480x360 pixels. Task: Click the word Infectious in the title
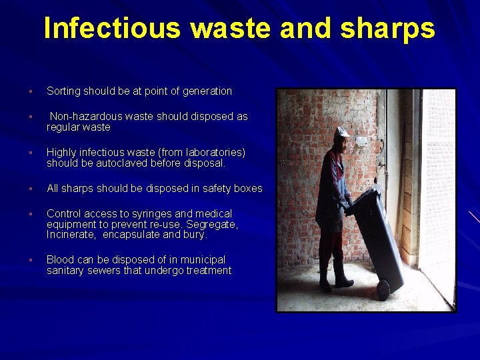[x=112, y=29]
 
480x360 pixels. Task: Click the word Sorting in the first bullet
[x=63, y=91]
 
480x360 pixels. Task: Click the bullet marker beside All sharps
[x=31, y=189]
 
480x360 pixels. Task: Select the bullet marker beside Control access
[x=31, y=214]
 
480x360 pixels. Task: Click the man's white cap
[x=341, y=131]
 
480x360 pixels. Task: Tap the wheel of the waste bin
[x=383, y=289]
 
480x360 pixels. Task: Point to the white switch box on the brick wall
[x=361, y=141]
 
